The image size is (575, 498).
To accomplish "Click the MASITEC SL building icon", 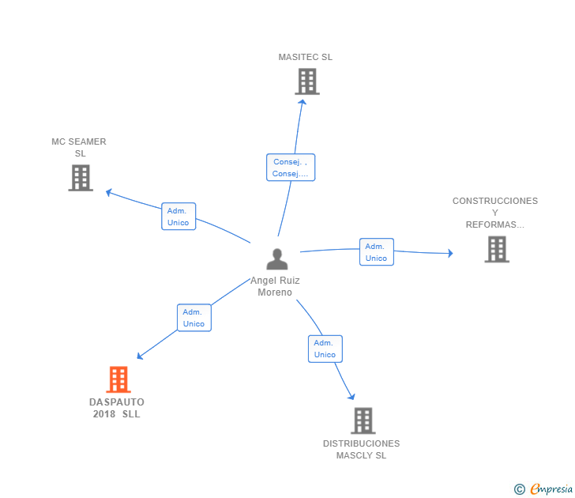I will tap(306, 81).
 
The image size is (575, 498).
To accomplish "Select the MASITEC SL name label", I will tap(306, 57).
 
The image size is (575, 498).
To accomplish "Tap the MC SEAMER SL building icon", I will tap(81, 178).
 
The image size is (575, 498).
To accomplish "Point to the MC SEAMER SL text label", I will tap(79, 148).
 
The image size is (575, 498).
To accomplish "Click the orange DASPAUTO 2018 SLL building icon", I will tap(118, 379).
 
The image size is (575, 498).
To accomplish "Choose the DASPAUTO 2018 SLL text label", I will tap(117, 408).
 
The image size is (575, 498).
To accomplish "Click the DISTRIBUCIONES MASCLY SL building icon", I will tap(363, 421).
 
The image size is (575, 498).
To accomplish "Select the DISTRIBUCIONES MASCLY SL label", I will tap(361, 449).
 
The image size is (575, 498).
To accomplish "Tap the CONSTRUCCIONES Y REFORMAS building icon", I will tap(496, 249).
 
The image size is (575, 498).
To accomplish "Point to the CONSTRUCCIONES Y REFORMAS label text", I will tap(495, 213).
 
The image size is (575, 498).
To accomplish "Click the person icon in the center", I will tap(276, 259).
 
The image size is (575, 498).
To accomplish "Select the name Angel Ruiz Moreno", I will tap(275, 286).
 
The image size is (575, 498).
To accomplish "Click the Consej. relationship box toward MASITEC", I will tap(290, 168).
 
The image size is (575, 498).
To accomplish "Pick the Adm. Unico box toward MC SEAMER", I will tap(179, 217).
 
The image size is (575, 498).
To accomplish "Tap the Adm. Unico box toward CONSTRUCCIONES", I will tap(376, 252).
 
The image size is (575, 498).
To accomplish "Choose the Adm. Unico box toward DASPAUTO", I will tap(194, 318).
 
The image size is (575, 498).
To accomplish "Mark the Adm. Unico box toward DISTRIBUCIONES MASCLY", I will tap(325, 349).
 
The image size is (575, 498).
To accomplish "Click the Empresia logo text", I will tap(551, 489).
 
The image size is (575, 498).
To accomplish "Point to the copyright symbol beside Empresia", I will tap(520, 489).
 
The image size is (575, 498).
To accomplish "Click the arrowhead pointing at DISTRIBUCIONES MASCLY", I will tap(351, 396).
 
